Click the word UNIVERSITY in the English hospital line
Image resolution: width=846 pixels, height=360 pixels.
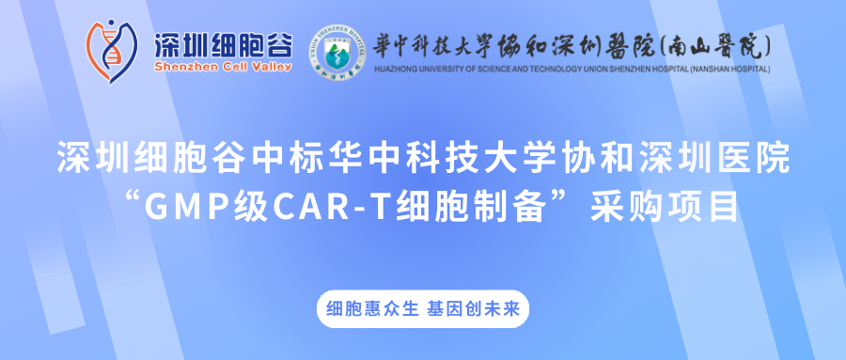(x=446, y=69)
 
